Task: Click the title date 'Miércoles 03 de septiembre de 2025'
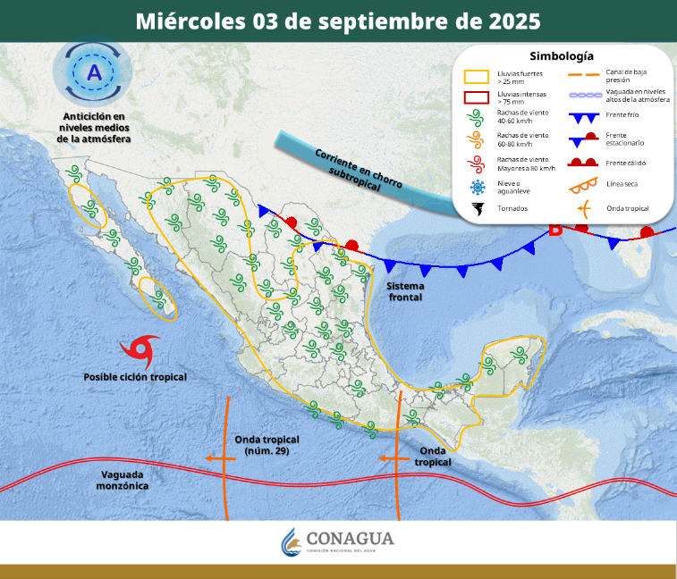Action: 338,21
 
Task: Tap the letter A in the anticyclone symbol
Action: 93,71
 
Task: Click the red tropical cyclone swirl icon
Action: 143,349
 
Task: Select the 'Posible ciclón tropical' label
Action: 135,377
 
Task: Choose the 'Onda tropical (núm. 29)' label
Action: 267,445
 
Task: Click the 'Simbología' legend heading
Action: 562,55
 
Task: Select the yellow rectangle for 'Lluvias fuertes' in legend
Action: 476,77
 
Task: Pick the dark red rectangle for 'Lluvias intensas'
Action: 476,98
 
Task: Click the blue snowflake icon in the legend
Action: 477,187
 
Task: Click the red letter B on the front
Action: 555,231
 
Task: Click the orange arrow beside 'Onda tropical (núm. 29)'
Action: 215,457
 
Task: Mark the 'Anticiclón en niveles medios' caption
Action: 94,128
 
